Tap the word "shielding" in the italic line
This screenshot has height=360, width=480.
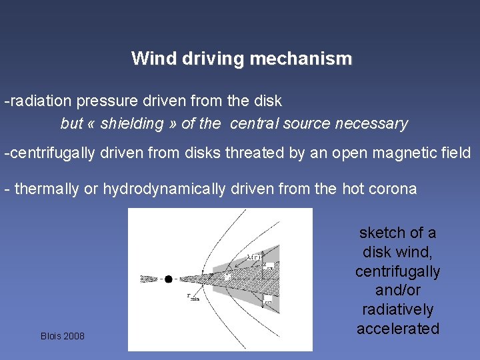131,123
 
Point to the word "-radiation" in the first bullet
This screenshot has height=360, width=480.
38,101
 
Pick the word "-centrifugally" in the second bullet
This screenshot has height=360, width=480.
50,153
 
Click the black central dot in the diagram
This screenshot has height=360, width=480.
169,279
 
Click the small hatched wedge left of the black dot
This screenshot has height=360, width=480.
151,279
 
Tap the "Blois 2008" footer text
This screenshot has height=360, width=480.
63,336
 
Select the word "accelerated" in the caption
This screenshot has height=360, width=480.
398,329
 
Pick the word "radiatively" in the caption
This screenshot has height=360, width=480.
398,309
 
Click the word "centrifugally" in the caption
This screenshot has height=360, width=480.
398,271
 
